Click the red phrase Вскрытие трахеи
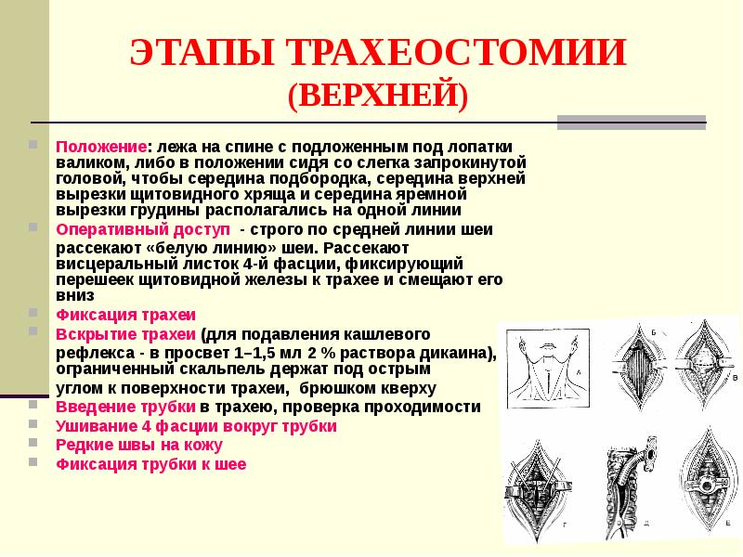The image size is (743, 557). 126,333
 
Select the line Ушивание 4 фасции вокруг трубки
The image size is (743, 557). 196,426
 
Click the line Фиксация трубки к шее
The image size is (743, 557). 151,464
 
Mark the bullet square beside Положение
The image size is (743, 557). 33,146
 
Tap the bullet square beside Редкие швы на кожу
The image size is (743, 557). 33,445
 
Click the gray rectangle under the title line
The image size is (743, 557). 631,121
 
